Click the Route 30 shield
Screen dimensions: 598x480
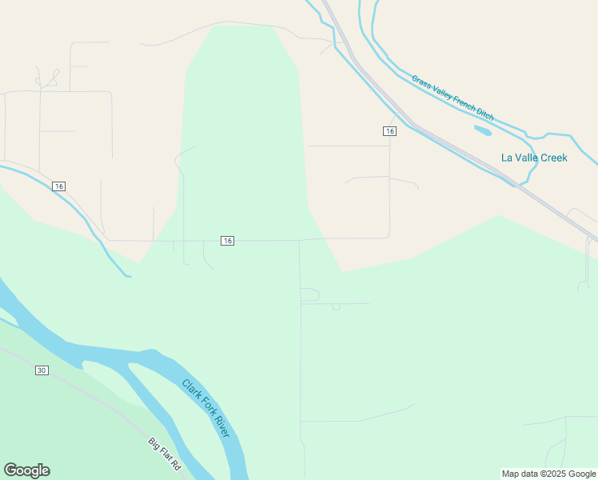tap(42, 370)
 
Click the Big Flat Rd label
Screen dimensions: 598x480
tap(165, 454)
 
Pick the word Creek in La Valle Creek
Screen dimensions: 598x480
tap(552, 158)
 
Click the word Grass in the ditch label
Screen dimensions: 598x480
tap(421, 82)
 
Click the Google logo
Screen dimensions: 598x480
tap(26, 470)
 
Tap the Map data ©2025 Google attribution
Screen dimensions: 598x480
tap(549, 474)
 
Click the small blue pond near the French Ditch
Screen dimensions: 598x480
tap(483, 129)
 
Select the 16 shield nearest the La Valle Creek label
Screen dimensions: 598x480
tap(389, 130)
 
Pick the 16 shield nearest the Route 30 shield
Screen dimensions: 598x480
tap(58, 186)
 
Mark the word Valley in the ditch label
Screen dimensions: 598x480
tap(441, 92)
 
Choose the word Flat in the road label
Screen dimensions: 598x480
tap(165, 454)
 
